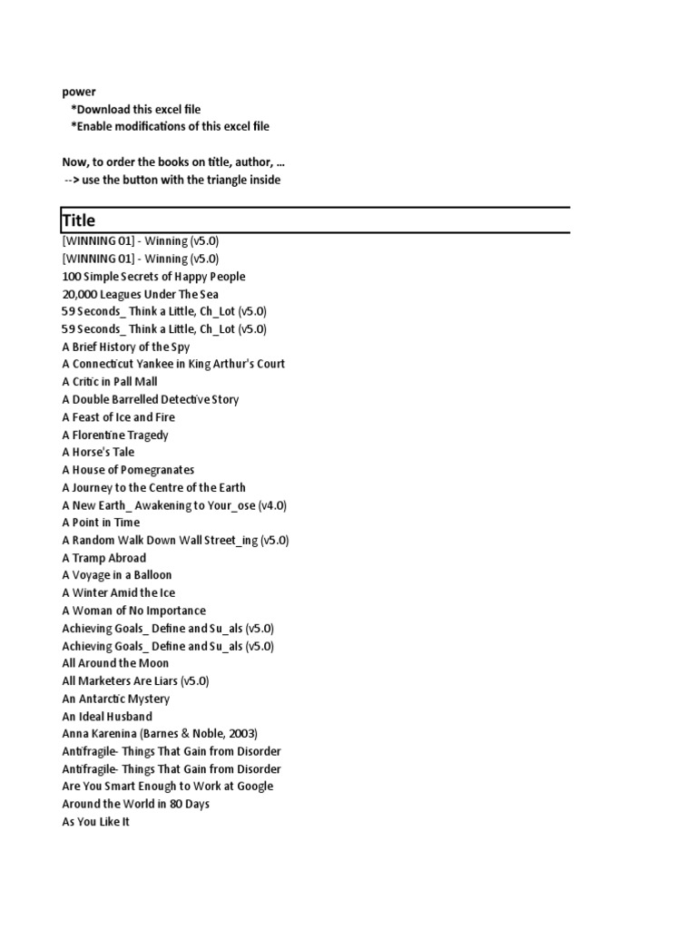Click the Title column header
pyautogui.click(x=79, y=220)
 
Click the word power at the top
pyautogui.click(x=79, y=92)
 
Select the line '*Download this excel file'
pyautogui.click(x=135, y=110)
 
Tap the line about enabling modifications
pyautogui.click(x=170, y=127)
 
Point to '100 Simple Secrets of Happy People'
pyautogui.click(x=153, y=277)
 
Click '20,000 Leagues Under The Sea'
pyautogui.click(x=140, y=295)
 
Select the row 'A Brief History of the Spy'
pyautogui.click(x=125, y=347)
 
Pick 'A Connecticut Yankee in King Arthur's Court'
pyautogui.click(x=173, y=364)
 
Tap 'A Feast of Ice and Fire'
pyautogui.click(x=118, y=417)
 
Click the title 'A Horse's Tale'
pyautogui.click(x=98, y=452)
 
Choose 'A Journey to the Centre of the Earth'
pyautogui.click(x=153, y=487)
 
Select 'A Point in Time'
pyautogui.click(x=101, y=523)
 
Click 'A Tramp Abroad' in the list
pyautogui.click(x=103, y=558)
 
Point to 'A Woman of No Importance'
pyautogui.click(x=133, y=611)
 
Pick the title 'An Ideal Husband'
pyautogui.click(x=107, y=717)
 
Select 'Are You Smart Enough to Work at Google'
pyautogui.click(x=167, y=787)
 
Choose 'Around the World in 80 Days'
pyautogui.click(x=135, y=804)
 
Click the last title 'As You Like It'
pyautogui.click(x=95, y=822)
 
